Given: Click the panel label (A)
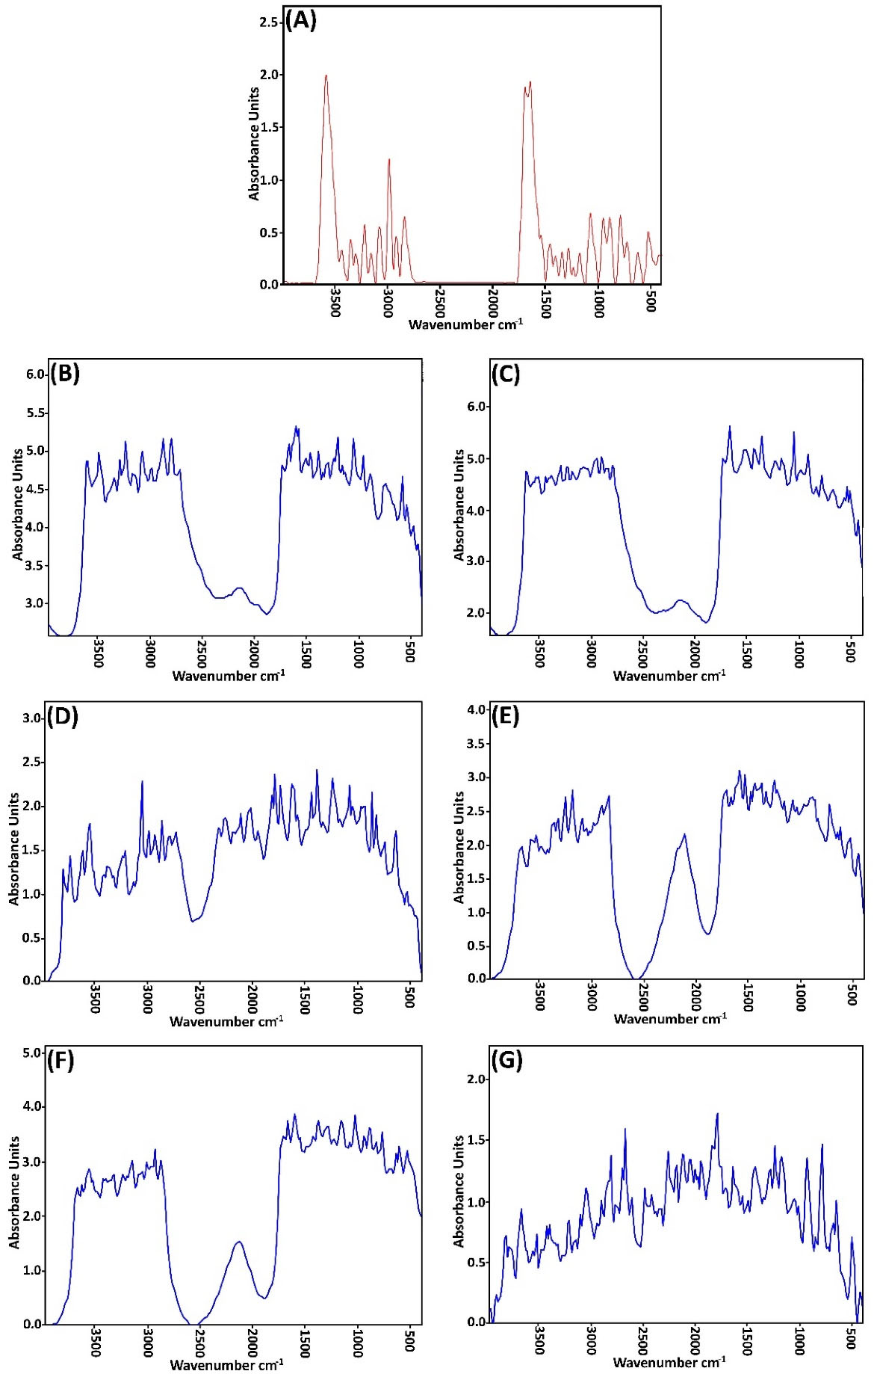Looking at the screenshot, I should pos(302,20).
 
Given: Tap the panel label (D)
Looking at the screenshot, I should pos(63,717).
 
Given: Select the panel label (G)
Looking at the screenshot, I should pos(508,1060).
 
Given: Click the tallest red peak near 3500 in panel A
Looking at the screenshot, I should pos(326,76).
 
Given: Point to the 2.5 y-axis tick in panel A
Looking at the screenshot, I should pos(268,22).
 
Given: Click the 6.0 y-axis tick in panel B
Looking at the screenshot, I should pos(36,375).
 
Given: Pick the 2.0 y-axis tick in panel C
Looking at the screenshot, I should pos(477,613).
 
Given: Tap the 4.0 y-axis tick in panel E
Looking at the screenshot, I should pos(477,709).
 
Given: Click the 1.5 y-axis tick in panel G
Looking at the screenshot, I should pos(477,1140).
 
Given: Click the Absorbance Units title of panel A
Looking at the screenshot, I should pos(254,144).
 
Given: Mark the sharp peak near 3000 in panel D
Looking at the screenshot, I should pos(142,782).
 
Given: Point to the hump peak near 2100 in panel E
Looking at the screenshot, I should pos(684,835).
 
